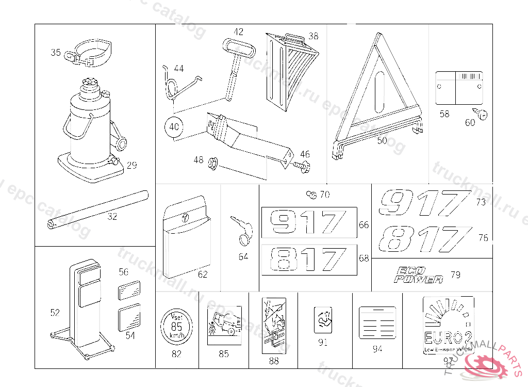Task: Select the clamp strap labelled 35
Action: pos(92,54)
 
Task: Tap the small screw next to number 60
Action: pos(483,114)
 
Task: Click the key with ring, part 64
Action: pos(243,229)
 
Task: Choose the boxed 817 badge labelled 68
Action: pos(308,260)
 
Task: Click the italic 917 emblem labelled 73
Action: pos(424,202)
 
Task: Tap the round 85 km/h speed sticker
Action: pos(176,325)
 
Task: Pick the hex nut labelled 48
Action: pos(212,164)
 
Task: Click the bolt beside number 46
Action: pos(303,167)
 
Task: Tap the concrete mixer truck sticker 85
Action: pos(224,322)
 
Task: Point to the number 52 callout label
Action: pos(55,312)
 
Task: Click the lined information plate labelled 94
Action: pos(377,322)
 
